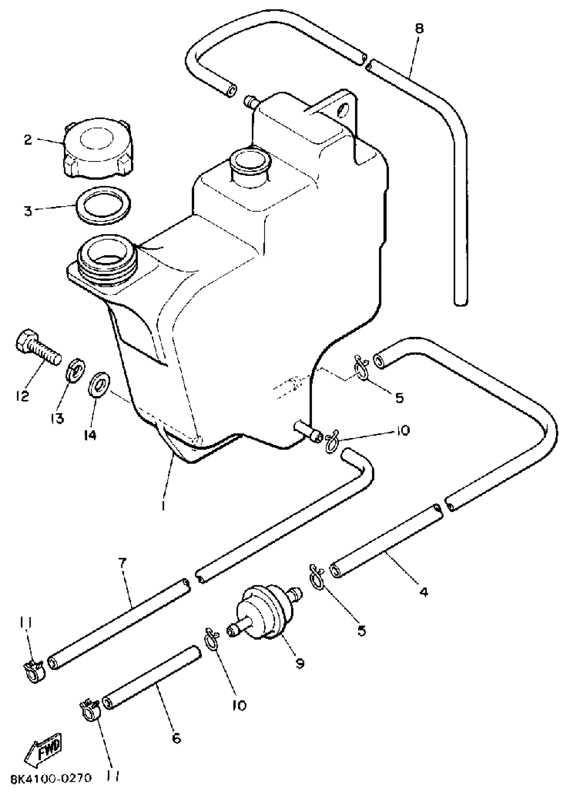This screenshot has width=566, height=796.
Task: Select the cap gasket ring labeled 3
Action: (x=104, y=205)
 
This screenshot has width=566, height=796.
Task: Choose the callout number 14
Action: (x=90, y=434)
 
